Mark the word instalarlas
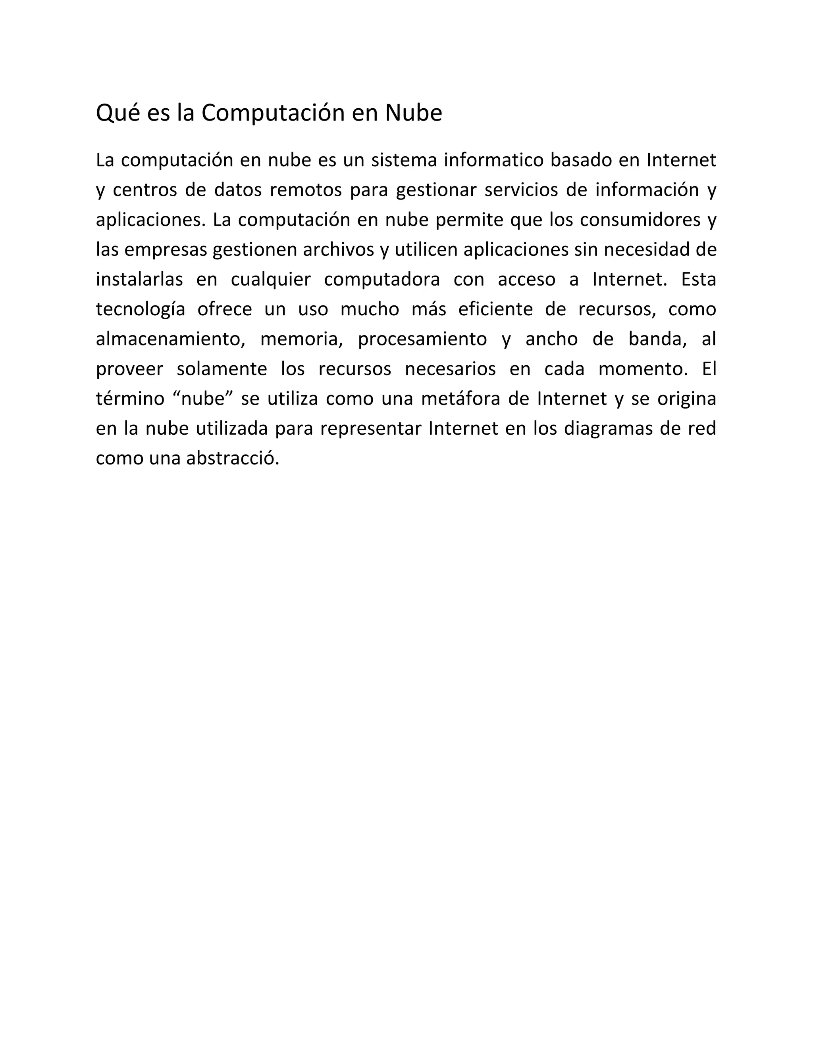pyautogui.click(x=139, y=280)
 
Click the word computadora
pyautogui.click(x=382, y=280)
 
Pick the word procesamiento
pyautogui.click(x=422, y=339)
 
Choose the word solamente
pyautogui.click(x=222, y=369)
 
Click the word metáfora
pyautogui.click(x=460, y=399)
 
